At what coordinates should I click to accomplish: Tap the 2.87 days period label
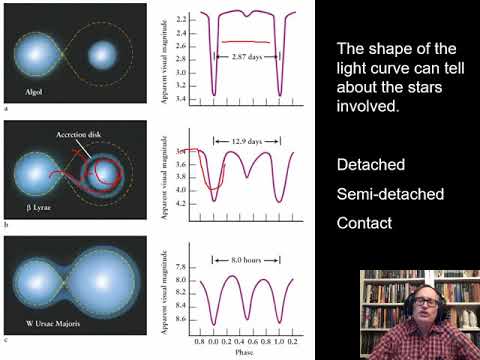(246, 46)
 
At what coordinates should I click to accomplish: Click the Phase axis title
(246, 352)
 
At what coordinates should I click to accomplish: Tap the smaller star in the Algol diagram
(103, 52)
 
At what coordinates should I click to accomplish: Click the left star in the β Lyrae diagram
(37, 175)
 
